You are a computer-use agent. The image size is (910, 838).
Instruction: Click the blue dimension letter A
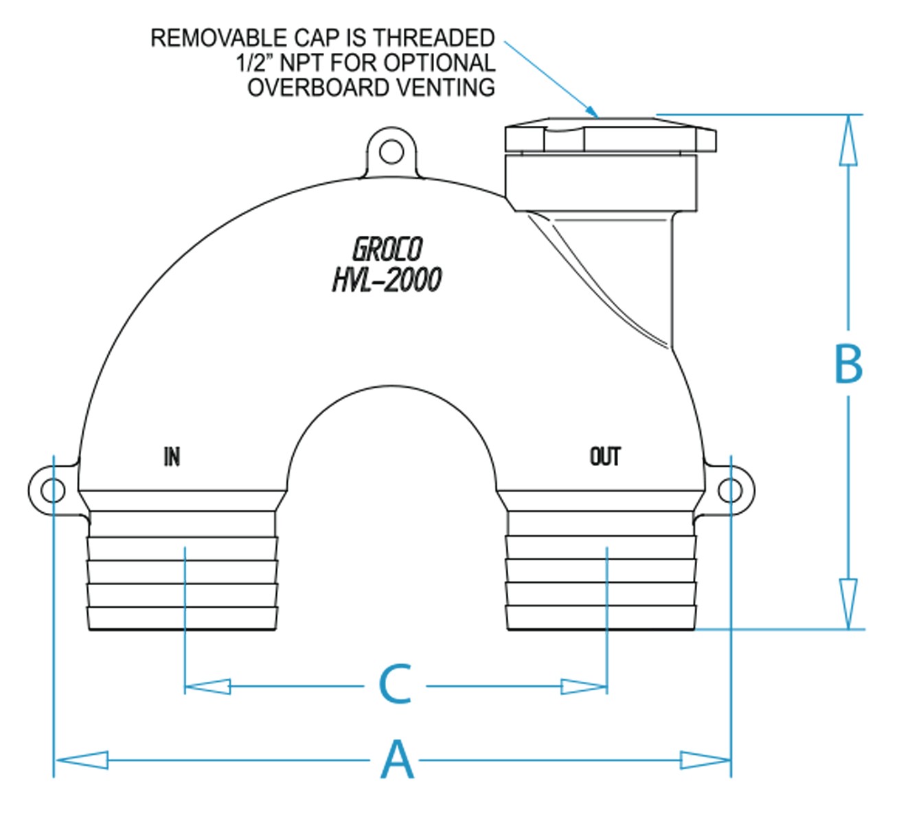pyautogui.click(x=398, y=760)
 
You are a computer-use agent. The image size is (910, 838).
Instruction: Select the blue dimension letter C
pyautogui.click(x=395, y=684)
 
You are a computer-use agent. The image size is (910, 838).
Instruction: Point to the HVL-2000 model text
pyautogui.click(x=387, y=279)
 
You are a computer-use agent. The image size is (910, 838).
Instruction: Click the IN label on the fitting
pyautogui.click(x=172, y=456)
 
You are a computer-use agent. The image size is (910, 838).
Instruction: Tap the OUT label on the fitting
pyautogui.click(x=605, y=456)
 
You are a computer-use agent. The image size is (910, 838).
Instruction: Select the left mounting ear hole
pyautogui.click(x=52, y=491)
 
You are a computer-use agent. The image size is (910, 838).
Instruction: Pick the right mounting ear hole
pyautogui.click(x=730, y=491)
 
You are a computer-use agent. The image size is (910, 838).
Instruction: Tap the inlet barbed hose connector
pyautogui.click(x=183, y=571)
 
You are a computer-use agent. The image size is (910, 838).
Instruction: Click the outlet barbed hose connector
pyautogui.click(x=601, y=571)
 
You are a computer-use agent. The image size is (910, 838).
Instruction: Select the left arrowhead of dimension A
pyautogui.click(x=81, y=760)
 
